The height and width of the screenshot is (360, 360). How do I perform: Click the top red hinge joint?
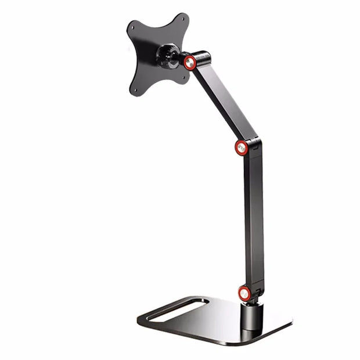coord(190,62)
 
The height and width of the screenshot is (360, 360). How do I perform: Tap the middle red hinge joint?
coord(243,146)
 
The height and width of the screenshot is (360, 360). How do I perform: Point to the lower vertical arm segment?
coord(254,221)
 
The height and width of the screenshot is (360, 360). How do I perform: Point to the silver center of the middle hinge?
coord(243,146)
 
